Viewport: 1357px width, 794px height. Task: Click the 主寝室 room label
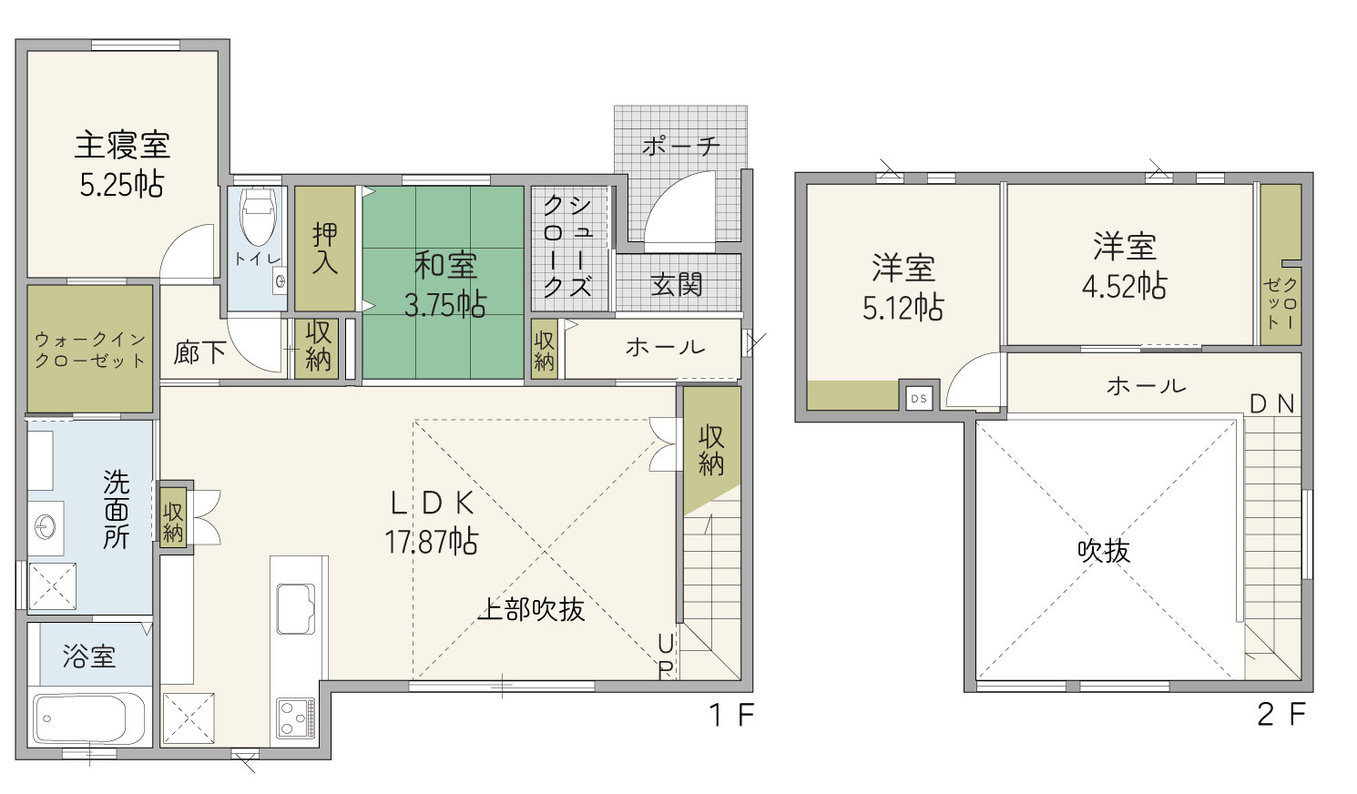[x=122, y=146]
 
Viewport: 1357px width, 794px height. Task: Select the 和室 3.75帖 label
[x=445, y=285]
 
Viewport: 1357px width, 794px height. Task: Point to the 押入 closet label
[x=325, y=249]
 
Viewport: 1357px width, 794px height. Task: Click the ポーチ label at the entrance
[x=681, y=146]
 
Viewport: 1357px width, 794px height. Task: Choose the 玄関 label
[x=677, y=284]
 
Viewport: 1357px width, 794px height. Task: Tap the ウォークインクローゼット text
[x=90, y=350]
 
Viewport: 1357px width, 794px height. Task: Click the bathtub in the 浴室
[x=89, y=718]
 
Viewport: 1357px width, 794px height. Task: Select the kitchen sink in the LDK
[x=296, y=608]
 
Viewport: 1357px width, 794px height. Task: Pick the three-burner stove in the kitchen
[x=296, y=718]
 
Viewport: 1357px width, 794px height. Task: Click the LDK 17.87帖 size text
[x=432, y=542]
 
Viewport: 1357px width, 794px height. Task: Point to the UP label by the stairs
[x=665, y=657]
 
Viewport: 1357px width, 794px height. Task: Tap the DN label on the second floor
[x=1273, y=404]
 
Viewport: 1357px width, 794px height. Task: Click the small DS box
[x=919, y=399]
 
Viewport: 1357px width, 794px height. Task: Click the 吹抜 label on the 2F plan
[x=1104, y=551]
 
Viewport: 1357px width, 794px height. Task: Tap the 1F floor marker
[x=731, y=715]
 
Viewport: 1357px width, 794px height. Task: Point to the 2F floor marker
[x=1281, y=714]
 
